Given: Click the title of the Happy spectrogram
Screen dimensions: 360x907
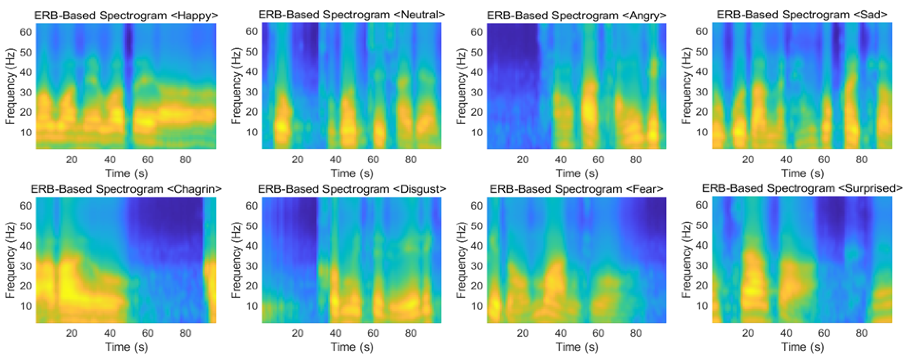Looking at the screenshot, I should click(126, 15).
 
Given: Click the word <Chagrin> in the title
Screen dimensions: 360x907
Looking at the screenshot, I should click(194, 189).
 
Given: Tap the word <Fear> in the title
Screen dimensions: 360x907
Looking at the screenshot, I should click(645, 189).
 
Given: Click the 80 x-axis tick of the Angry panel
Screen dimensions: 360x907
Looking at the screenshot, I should click(636, 159).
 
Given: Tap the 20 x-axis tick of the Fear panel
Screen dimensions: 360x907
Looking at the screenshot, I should click(522, 333).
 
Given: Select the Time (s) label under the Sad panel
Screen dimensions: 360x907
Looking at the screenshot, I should click(802, 173).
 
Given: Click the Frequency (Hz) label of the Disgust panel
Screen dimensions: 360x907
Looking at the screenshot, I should click(236, 260).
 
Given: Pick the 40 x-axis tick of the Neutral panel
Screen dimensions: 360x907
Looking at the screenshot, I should click(335, 159).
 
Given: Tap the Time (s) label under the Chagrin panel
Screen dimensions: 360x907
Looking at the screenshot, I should click(126, 347).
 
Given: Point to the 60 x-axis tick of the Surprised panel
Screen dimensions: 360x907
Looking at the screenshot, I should click(823, 333).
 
